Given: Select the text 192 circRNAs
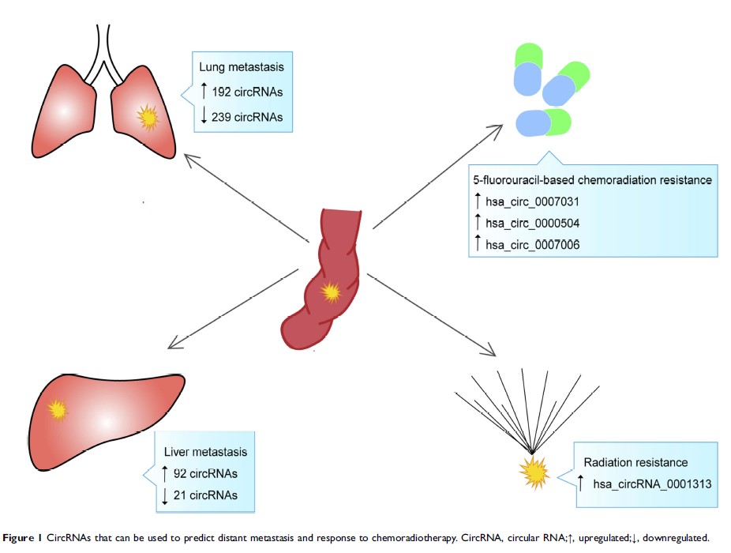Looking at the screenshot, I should [246, 92].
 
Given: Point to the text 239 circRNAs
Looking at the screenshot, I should [246, 116].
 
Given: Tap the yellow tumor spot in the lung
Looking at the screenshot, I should [148, 118].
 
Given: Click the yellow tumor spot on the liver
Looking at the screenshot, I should [57, 410].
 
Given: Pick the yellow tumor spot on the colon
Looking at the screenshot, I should [332, 292].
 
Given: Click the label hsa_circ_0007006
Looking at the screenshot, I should [530, 246].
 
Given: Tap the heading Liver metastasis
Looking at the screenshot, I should [205, 453].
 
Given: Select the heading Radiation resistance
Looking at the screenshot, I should [635, 462].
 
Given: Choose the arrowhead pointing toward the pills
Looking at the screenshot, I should [498, 127].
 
